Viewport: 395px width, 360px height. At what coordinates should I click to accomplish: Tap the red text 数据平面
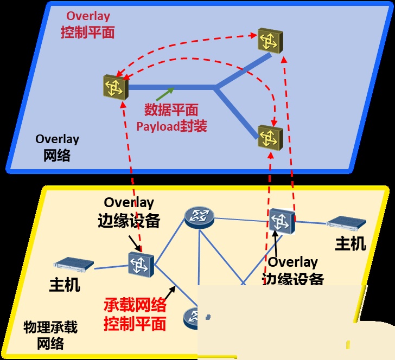171,110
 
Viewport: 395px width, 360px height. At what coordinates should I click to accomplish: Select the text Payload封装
171,127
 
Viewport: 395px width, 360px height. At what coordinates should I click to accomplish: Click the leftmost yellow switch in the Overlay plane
115,87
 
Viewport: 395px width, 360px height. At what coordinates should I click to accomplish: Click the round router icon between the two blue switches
199,217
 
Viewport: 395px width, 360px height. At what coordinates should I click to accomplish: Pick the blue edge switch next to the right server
282,221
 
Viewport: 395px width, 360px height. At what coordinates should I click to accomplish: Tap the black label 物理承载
50,327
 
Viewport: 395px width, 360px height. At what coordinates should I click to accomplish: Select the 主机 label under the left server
65,284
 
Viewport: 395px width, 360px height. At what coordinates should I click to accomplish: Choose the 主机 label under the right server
350,243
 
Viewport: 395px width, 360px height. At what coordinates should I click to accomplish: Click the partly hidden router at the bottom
193,317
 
